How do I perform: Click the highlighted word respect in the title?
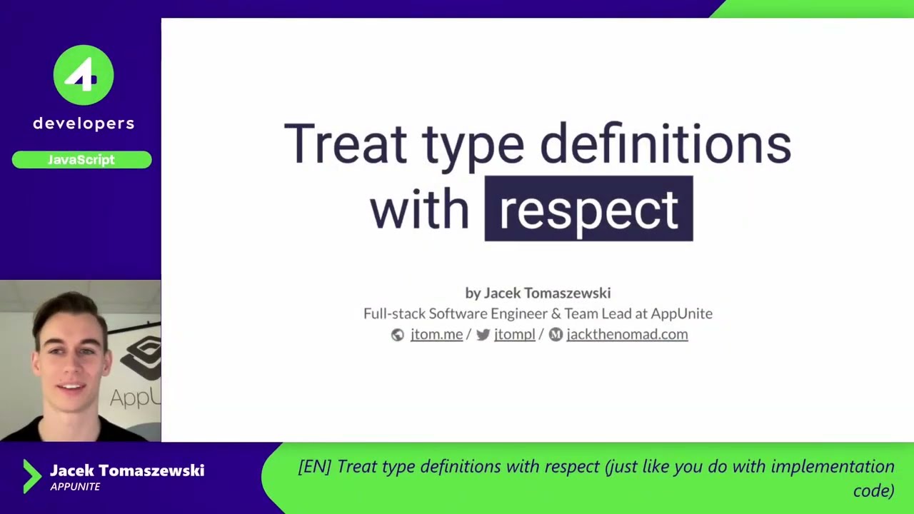[588, 209]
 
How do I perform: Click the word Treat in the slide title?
[345, 144]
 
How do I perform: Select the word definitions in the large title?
[665, 144]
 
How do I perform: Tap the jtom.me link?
[436, 334]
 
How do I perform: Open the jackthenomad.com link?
[627, 334]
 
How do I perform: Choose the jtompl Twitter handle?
[514, 334]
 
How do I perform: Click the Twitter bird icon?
[483, 335]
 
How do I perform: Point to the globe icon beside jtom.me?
[398, 335]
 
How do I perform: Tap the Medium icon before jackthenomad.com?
[556, 335]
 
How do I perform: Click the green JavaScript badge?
[81, 160]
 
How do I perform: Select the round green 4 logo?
[84, 75]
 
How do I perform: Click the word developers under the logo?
[84, 124]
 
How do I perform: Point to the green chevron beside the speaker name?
[31, 476]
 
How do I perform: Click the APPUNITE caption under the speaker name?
[75, 487]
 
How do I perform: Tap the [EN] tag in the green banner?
[314, 467]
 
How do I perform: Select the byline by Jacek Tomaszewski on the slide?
[538, 293]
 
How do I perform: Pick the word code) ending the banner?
[873, 490]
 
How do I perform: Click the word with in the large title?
[419, 209]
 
